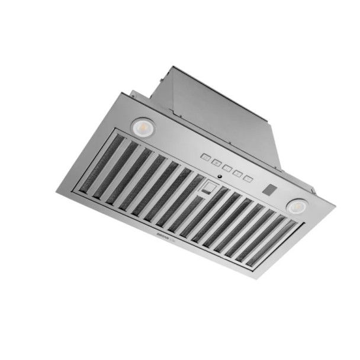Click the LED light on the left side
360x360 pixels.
[142, 126]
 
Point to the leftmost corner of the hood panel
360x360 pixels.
[57, 191]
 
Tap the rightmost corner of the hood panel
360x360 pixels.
[335, 207]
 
